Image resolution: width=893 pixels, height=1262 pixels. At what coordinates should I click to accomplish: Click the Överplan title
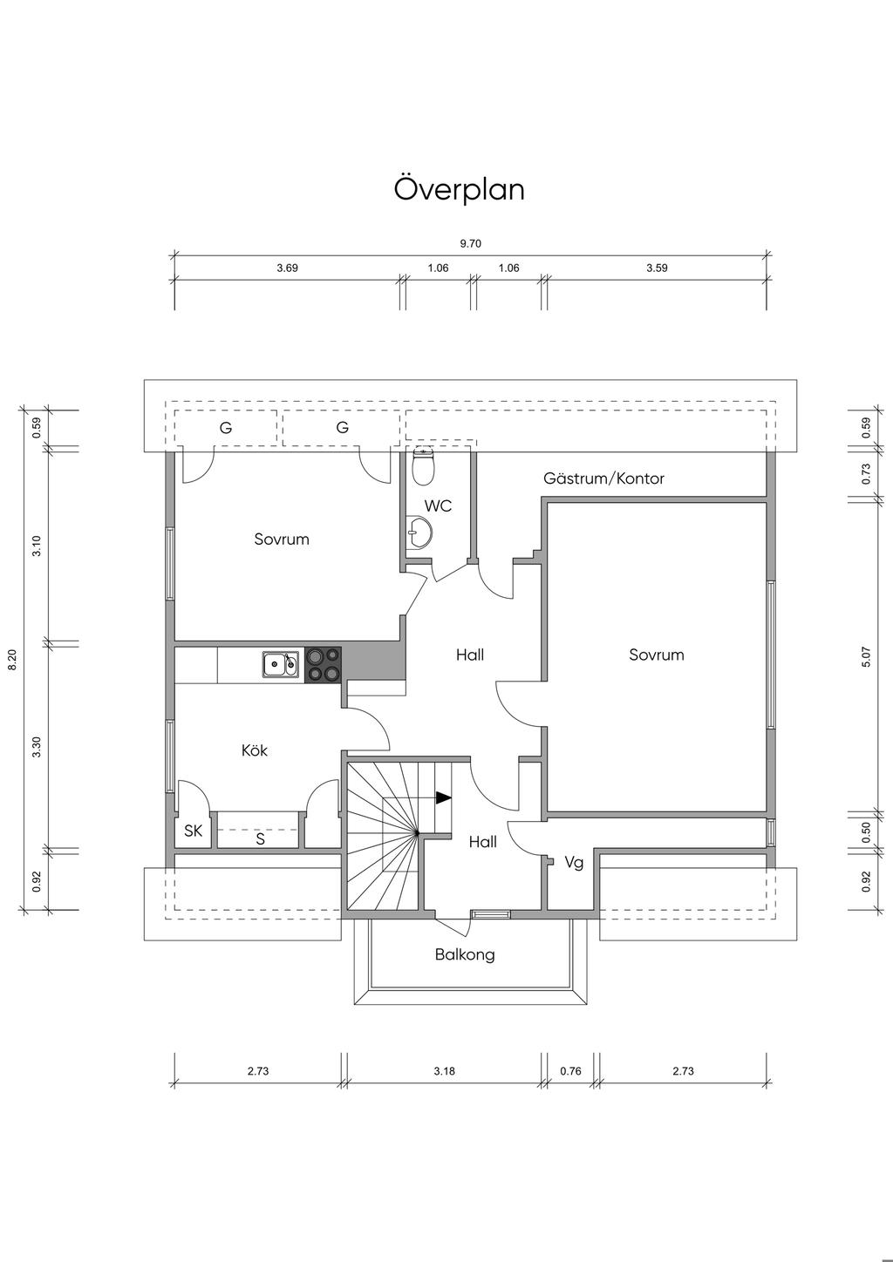(459, 189)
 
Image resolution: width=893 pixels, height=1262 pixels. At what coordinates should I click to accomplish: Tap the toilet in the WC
(423, 466)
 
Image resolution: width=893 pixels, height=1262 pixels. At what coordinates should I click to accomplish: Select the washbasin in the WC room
(419, 533)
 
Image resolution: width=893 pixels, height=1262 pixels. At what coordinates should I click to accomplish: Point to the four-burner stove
(323, 665)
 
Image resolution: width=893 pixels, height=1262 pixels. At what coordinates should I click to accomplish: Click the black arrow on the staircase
(444, 797)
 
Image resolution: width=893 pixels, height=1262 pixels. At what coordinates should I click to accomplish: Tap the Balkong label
(465, 954)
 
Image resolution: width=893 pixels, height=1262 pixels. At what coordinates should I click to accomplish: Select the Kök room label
(255, 750)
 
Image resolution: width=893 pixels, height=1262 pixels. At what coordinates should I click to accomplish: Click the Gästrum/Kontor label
(603, 478)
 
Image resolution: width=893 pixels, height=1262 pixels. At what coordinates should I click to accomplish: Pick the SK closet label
(193, 831)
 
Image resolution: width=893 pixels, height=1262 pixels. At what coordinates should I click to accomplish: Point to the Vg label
(574, 863)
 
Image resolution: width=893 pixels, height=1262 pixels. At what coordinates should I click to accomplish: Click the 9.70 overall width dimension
(470, 243)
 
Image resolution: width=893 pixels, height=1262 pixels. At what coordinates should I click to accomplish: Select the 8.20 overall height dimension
(12, 660)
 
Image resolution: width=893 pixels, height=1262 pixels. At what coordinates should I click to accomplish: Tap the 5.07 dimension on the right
(867, 657)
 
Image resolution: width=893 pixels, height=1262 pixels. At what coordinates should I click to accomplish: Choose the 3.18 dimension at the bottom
(444, 1071)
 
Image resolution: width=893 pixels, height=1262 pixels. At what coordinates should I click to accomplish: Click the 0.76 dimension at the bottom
(570, 1071)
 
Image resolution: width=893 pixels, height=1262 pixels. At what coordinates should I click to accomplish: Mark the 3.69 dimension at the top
(287, 268)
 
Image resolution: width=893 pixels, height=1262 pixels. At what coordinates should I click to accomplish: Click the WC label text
(438, 505)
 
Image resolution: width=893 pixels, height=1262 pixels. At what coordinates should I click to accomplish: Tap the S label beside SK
(261, 839)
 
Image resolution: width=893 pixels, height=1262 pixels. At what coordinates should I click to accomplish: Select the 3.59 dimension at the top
(657, 268)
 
